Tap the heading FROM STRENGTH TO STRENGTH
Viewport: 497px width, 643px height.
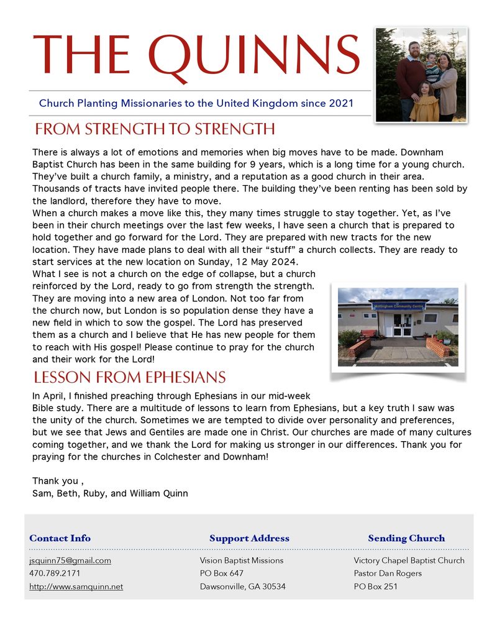click(155, 129)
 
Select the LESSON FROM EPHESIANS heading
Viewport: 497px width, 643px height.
click(129, 377)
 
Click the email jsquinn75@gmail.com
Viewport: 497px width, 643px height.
click(70, 560)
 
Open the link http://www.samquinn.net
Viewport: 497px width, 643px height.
click(76, 586)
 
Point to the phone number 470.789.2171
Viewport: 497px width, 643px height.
click(55, 573)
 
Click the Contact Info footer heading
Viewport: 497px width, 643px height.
click(60, 538)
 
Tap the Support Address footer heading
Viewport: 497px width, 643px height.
click(249, 538)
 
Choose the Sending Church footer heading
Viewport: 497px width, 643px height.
click(406, 538)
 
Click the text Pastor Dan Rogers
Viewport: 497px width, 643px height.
click(388, 573)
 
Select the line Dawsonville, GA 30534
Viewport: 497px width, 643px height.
click(242, 586)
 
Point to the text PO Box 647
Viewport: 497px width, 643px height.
click(221, 573)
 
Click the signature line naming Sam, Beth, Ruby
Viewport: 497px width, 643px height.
click(110, 493)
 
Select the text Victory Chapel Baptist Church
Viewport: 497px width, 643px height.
click(409, 560)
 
